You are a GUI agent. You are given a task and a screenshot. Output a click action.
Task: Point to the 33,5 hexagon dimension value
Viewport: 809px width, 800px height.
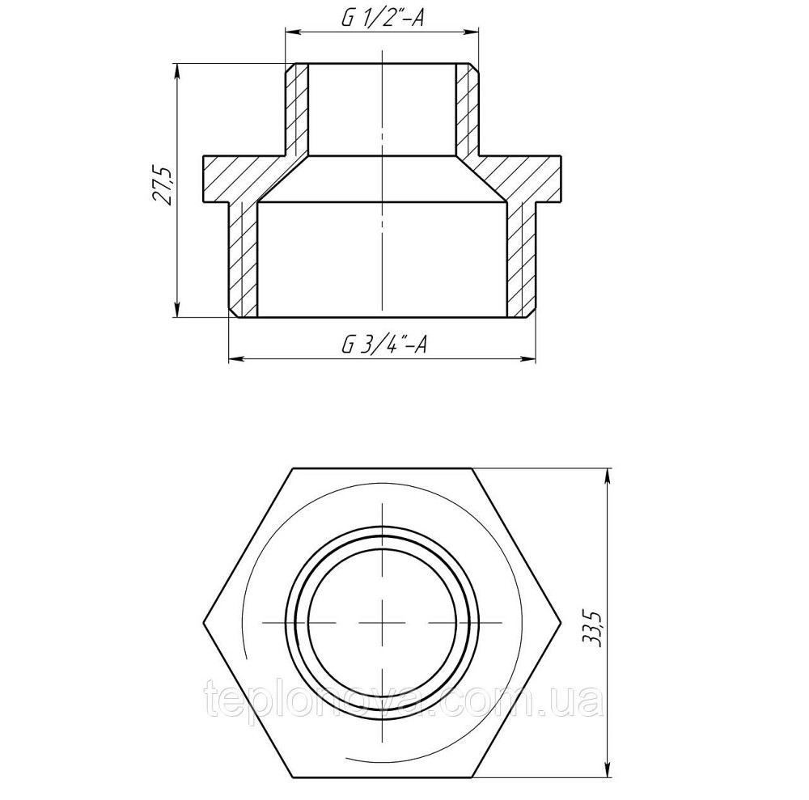point(596,629)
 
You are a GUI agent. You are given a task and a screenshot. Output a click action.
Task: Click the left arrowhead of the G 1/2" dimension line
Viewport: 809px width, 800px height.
point(291,33)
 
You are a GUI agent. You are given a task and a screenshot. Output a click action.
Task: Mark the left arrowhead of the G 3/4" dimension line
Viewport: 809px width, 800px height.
point(235,358)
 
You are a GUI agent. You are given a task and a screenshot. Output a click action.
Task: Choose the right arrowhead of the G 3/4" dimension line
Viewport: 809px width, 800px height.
point(529,358)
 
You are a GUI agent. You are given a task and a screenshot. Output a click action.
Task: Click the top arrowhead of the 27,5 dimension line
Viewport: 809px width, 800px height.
point(177,69)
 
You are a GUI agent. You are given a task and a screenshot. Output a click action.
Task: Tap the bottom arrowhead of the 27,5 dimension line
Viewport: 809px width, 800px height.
point(177,311)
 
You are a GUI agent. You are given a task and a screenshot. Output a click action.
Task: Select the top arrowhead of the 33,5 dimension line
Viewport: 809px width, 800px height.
point(608,473)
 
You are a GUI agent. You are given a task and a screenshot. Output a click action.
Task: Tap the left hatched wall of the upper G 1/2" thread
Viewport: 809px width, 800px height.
point(297,109)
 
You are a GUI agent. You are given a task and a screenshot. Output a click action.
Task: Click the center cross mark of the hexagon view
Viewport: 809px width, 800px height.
point(381,623)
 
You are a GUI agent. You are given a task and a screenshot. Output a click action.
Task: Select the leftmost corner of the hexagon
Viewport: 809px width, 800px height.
point(202,623)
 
